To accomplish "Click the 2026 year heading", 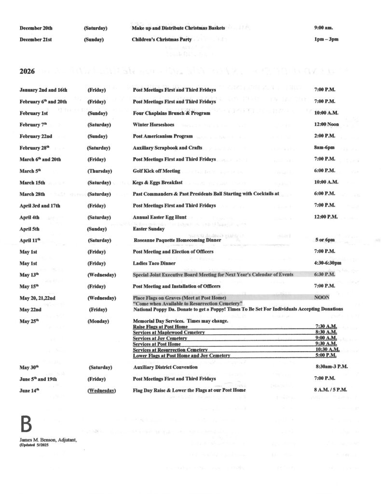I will pyautogui.click(x=27, y=72).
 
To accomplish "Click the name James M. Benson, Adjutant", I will pyautogui.click(x=48, y=440).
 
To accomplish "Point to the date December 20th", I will pyautogui.click(x=36, y=28).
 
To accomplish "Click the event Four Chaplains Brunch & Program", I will pyautogui.click(x=171, y=113).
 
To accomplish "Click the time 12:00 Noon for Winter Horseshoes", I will pyautogui.click(x=326, y=124).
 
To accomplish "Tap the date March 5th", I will pyautogui.click(x=31, y=171).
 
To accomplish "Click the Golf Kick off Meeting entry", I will pyautogui.click(x=156, y=171).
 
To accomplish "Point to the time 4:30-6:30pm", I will pyautogui.click(x=327, y=263).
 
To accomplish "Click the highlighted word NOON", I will pyautogui.click(x=322, y=298).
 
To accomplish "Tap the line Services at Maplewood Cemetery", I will pyautogui.click(x=168, y=332).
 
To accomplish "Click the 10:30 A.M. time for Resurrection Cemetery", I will pyautogui.click(x=327, y=349).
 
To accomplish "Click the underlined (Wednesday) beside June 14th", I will pyautogui.click(x=101, y=390).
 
